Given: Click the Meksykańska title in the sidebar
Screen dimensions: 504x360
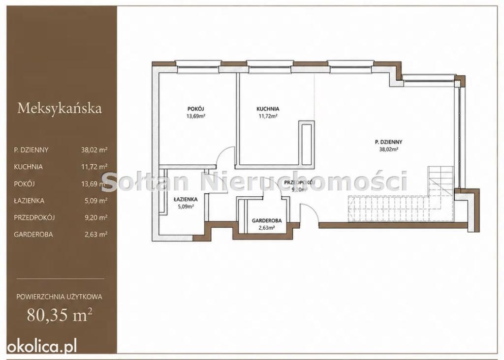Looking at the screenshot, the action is coord(60,108).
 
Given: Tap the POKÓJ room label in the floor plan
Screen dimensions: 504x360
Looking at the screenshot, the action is coord(196,109).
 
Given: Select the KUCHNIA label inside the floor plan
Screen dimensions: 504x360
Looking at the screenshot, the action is coord(268,109).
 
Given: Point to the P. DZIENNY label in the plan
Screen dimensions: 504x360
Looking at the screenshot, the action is coord(389,142).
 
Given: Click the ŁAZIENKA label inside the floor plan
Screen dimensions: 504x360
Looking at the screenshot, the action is coord(186,200).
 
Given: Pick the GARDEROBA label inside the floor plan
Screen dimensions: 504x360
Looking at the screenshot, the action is coord(267,221).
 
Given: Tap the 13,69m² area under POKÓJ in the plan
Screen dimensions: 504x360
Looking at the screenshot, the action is coord(196,116).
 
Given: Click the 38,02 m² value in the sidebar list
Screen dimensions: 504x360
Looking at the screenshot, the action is coord(94,150).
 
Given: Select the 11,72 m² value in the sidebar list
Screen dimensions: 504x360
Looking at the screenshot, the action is coord(94,167).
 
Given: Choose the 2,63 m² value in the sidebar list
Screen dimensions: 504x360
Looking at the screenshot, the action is coord(96,235).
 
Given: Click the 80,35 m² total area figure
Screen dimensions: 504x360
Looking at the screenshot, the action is coord(60,315).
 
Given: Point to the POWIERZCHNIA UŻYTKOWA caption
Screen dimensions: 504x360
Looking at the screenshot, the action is coord(59,297).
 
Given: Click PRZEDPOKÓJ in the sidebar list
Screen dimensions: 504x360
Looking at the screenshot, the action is coord(34,217).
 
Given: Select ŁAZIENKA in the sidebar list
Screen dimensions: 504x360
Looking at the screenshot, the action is coord(29,201).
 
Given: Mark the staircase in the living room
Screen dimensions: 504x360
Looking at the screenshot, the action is coord(401,196).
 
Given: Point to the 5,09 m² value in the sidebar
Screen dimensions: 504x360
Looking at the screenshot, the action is coord(96,201).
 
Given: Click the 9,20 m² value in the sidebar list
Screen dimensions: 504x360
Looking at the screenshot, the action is coord(96,217).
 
